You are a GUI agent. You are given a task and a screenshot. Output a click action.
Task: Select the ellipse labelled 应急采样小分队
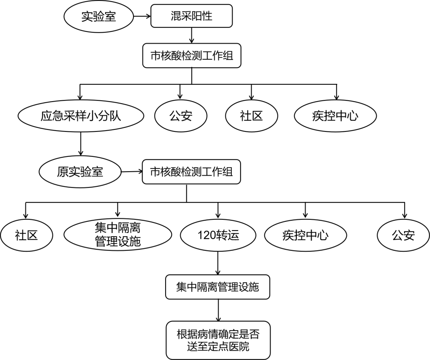pyautogui.click(x=81, y=116)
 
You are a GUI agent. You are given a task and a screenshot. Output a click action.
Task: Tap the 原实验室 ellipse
pyautogui.click(x=80, y=172)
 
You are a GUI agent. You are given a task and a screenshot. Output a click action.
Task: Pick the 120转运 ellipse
pyautogui.click(x=218, y=235)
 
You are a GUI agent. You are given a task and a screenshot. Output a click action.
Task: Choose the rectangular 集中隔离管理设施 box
pyautogui.click(x=218, y=287)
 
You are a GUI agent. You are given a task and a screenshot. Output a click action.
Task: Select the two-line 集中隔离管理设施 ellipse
pyautogui.click(x=118, y=235)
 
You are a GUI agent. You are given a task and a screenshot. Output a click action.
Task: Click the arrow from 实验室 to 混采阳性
pyautogui.click(x=142, y=16)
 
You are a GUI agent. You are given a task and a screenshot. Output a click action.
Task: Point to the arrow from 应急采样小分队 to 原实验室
pyautogui.click(x=81, y=143)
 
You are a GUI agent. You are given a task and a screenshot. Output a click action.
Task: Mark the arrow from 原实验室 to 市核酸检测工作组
pyautogui.click(x=131, y=172)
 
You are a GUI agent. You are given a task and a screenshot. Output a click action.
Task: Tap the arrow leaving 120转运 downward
pyautogui.click(x=218, y=263)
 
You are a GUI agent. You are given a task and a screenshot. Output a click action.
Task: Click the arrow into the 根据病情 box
pyautogui.click(x=218, y=311)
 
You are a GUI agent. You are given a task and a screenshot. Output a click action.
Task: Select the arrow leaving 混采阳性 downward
pyautogui.click(x=192, y=36)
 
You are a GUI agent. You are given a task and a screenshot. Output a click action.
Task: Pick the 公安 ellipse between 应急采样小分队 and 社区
pyautogui.click(x=181, y=116)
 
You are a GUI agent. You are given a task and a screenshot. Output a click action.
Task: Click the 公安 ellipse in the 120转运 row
pyautogui.click(x=403, y=235)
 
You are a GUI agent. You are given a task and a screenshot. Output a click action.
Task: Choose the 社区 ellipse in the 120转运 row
pyautogui.click(x=26, y=235)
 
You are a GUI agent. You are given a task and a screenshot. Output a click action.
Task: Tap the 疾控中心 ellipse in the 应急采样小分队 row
pyautogui.click(x=336, y=116)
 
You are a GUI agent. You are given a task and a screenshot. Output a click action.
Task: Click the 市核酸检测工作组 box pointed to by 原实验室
pyautogui.click(x=192, y=172)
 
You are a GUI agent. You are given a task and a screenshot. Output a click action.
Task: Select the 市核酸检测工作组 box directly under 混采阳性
pyautogui.click(x=192, y=55)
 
